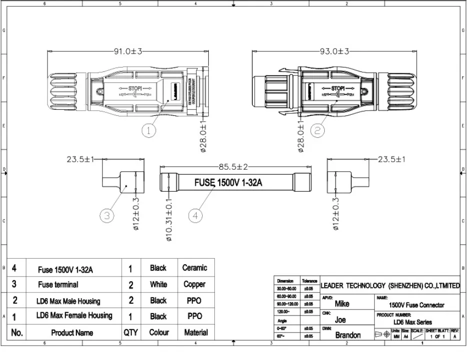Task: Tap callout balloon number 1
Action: point(149,130)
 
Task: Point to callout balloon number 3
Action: point(107,216)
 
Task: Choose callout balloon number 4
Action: point(196,216)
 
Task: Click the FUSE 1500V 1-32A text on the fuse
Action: point(228,183)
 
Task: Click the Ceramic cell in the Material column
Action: point(194,268)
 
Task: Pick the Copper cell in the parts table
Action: point(194,285)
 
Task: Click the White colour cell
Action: point(158,285)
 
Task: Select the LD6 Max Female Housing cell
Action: point(74,316)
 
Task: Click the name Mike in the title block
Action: point(342,304)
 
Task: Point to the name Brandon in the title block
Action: point(348,336)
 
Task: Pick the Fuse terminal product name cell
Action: point(58,285)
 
